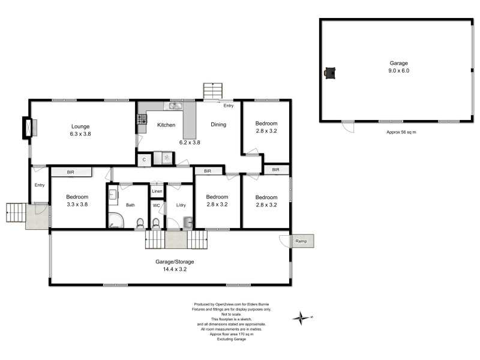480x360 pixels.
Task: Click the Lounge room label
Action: pyautogui.click(x=80, y=126)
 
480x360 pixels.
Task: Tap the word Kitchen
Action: pyautogui.click(x=166, y=125)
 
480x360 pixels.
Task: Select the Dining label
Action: pyautogui.click(x=218, y=125)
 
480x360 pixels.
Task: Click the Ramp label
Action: pyautogui.click(x=301, y=241)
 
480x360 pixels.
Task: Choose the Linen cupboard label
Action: pyautogui.click(x=157, y=191)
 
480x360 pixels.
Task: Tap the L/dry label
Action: pyautogui.click(x=181, y=206)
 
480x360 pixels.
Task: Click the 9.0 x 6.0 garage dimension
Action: pyautogui.click(x=399, y=71)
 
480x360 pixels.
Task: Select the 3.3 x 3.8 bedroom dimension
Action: pyautogui.click(x=77, y=204)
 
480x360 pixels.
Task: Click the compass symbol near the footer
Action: pyautogui.click(x=303, y=317)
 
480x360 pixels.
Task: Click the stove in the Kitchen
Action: pyautogui.click(x=142, y=119)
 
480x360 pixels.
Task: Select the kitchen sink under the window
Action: pyautogui.click(x=175, y=107)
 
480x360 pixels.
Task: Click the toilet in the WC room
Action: pyautogui.click(x=155, y=223)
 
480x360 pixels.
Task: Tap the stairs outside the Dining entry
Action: pyautogui.click(x=212, y=91)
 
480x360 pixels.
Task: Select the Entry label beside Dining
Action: pyautogui.click(x=228, y=106)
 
